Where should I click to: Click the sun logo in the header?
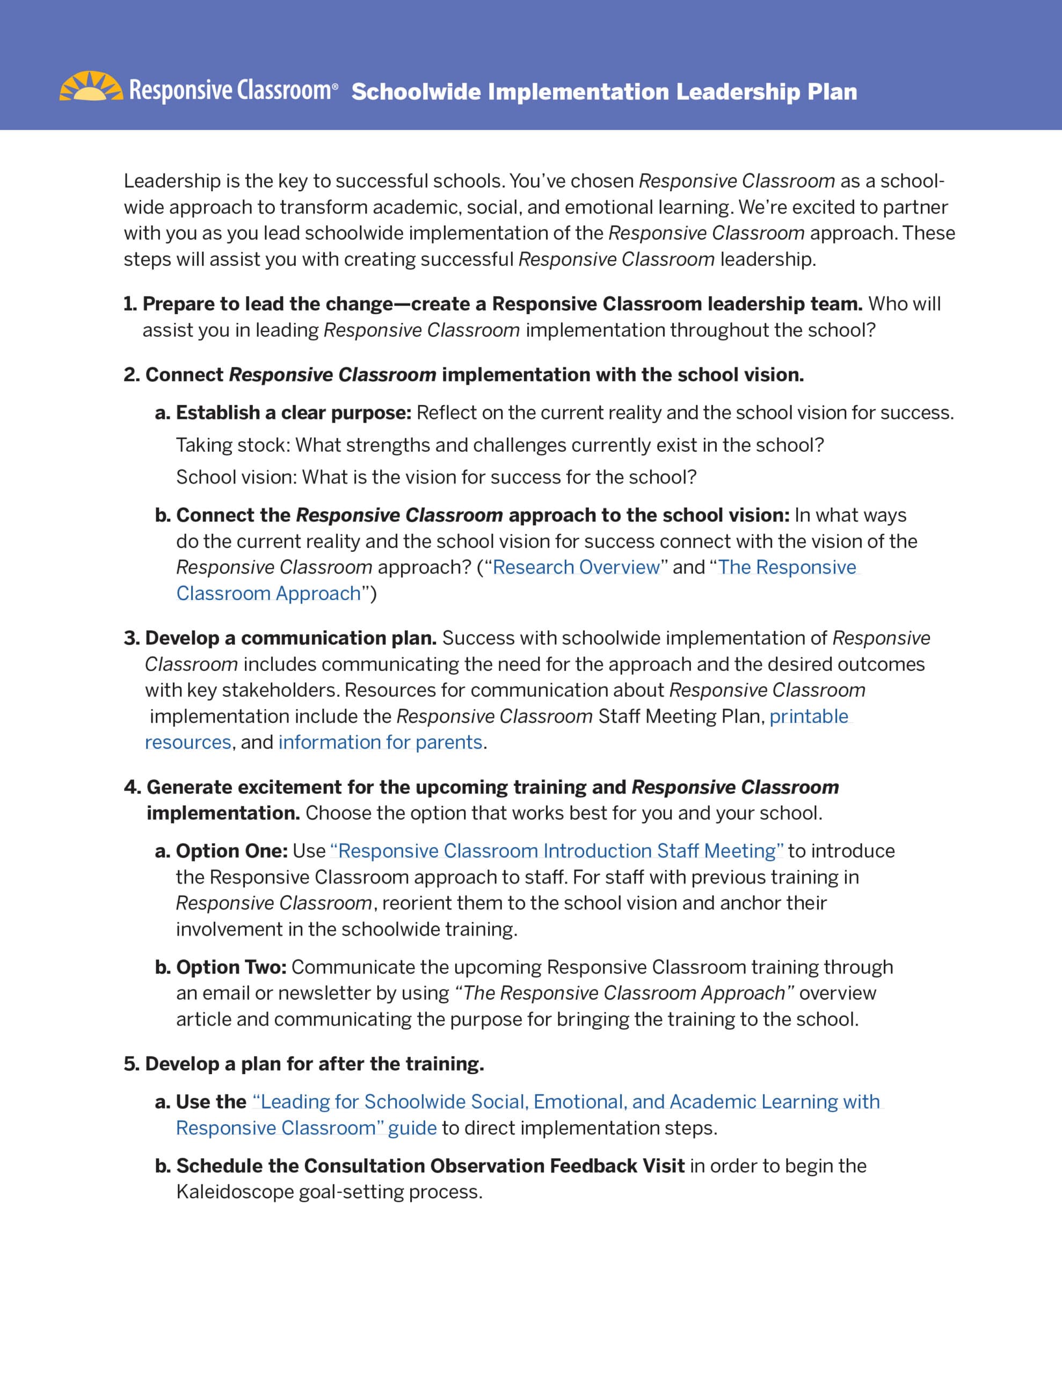(x=91, y=86)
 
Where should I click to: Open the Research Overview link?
(x=576, y=567)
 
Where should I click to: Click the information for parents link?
(x=380, y=742)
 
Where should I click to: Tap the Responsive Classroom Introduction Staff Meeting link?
(x=556, y=851)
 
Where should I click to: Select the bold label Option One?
(x=231, y=851)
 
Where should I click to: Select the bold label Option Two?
(x=231, y=967)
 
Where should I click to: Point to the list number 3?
(x=132, y=639)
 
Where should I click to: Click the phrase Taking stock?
(x=233, y=445)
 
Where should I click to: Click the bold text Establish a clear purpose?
(x=293, y=413)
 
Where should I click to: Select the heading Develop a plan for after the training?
(x=315, y=1064)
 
